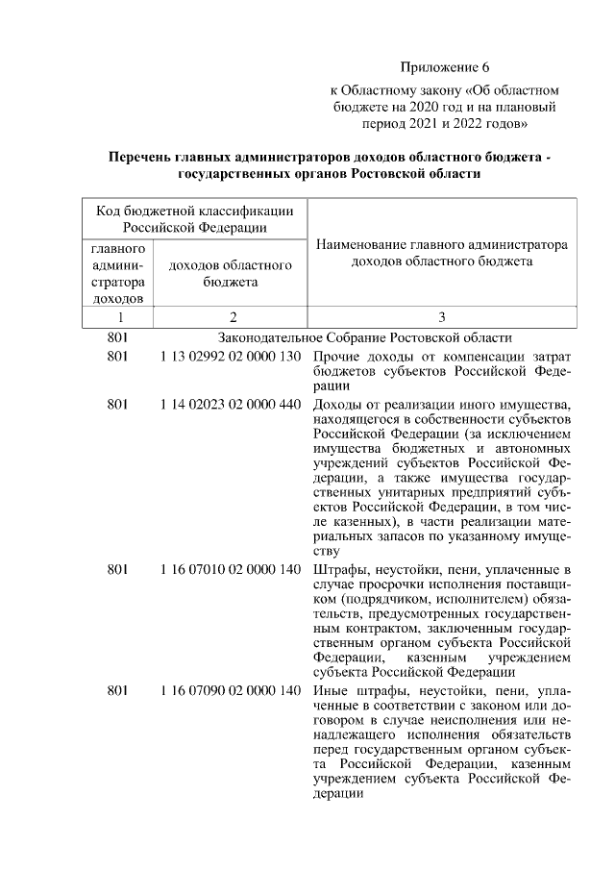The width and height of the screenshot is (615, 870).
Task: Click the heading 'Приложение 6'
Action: (x=444, y=67)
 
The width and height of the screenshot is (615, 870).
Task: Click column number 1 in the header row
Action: (x=120, y=316)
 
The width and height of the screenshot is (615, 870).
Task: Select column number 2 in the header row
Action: (x=231, y=316)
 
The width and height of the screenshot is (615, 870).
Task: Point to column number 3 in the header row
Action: (x=441, y=316)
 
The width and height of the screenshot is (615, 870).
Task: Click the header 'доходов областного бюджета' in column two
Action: (x=231, y=274)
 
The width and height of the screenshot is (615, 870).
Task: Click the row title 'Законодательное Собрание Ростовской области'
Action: (x=365, y=337)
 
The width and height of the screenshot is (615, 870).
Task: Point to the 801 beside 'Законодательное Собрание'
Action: (x=118, y=337)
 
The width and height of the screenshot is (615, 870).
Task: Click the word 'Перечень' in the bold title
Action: (x=145, y=158)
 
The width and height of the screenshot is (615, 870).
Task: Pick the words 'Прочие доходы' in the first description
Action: (x=362, y=358)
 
